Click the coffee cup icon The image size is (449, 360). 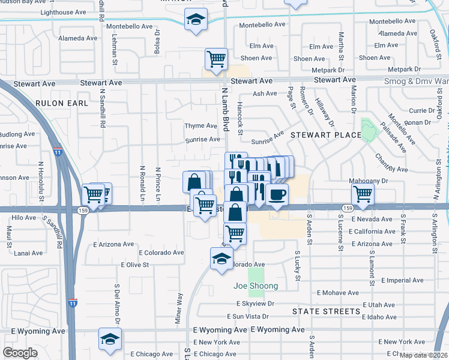coord(277,194)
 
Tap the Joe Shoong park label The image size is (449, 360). coord(256,286)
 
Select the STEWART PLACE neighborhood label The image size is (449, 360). coord(325,136)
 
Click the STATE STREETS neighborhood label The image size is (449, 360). coord(327,312)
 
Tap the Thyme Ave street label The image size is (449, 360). coord(200,126)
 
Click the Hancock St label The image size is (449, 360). coord(240,118)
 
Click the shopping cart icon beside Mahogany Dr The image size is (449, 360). coord(363,194)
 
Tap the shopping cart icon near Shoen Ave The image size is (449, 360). coord(216,59)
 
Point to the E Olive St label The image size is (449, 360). coord(134,265)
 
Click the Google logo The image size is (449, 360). coord(20,353)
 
